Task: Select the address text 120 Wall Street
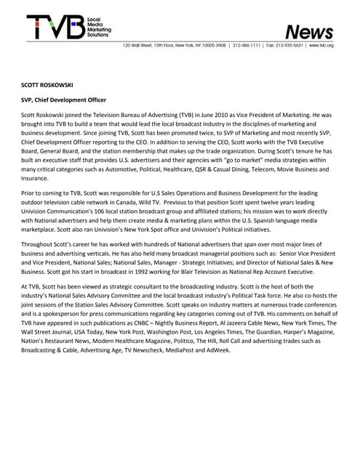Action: pyautogui.click(x=140, y=45)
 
